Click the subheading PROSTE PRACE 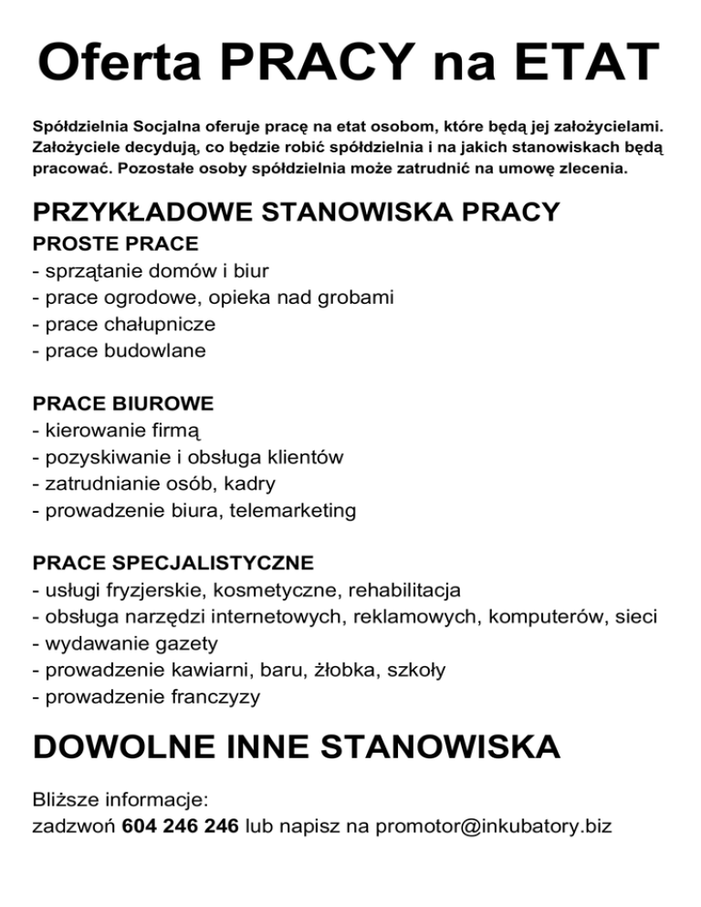(115, 245)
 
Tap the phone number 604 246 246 (180, 827)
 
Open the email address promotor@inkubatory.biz (492, 827)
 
